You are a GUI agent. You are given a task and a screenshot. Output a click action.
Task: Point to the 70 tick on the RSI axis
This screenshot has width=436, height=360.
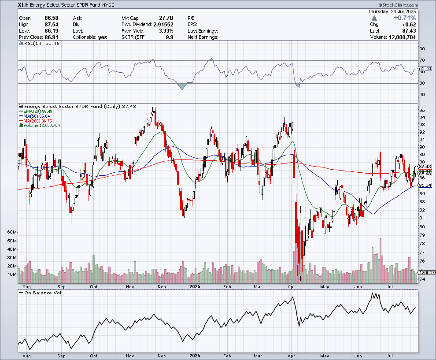(422, 60)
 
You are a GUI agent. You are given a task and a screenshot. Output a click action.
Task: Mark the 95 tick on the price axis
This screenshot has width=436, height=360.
(422, 110)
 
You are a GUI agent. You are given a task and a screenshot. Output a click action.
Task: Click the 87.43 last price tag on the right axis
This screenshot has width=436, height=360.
(425, 167)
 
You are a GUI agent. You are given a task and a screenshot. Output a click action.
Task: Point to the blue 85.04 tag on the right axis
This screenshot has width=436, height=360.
(425, 186)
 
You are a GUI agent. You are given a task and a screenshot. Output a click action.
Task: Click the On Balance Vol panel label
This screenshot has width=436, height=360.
(42, 293)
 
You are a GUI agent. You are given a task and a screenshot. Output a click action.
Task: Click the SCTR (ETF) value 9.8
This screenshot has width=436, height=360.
(169, 37)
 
